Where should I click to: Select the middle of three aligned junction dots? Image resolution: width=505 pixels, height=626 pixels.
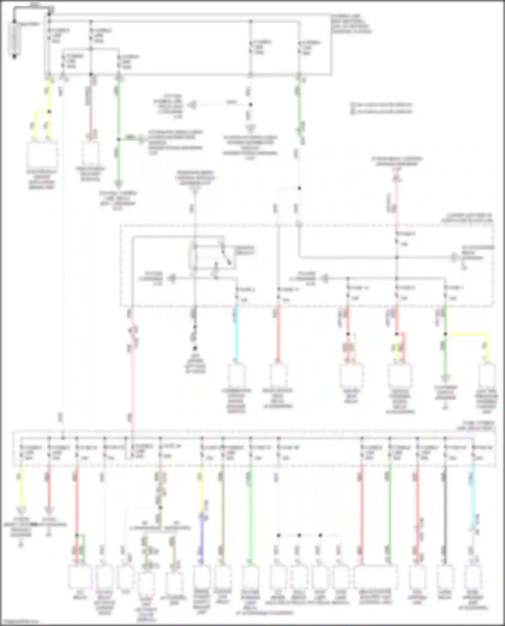pyautogui.click(x=299, y=535)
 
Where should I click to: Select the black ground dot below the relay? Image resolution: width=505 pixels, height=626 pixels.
pyautogui.click(x=195, y=348)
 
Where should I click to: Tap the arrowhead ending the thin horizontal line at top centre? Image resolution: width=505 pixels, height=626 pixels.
pyautogui.click(x=192, y=105)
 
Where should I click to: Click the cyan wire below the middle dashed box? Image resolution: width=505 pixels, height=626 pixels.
pyautogui.click(x=237, y=333)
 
